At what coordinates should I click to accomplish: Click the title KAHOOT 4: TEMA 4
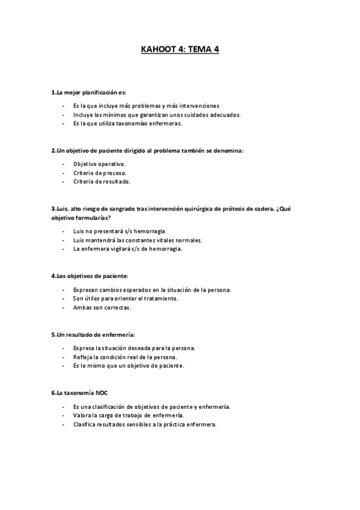pos(180,50)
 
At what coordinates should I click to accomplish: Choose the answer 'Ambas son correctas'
pos(102,307)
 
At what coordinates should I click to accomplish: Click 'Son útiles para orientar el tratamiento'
pos(126,298)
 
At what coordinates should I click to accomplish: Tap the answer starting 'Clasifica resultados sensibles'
pos(144,424)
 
